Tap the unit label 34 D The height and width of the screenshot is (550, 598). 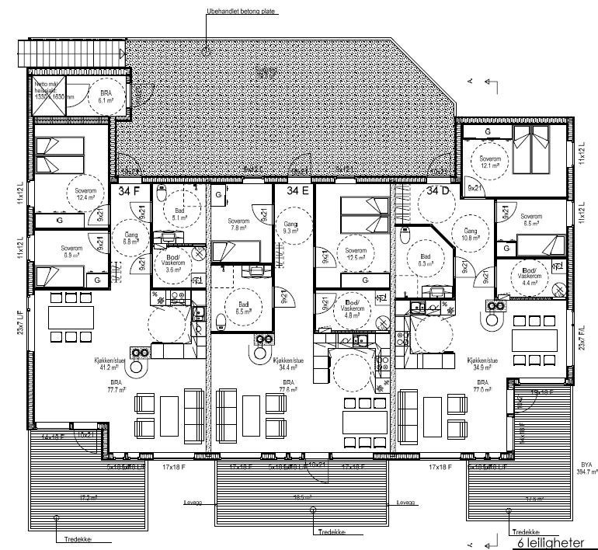pos(436,190)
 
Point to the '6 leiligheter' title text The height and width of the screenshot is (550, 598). pos(542,531)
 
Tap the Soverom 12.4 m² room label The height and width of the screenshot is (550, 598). pos(80,194)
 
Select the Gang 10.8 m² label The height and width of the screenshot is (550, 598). pos(470,235)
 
